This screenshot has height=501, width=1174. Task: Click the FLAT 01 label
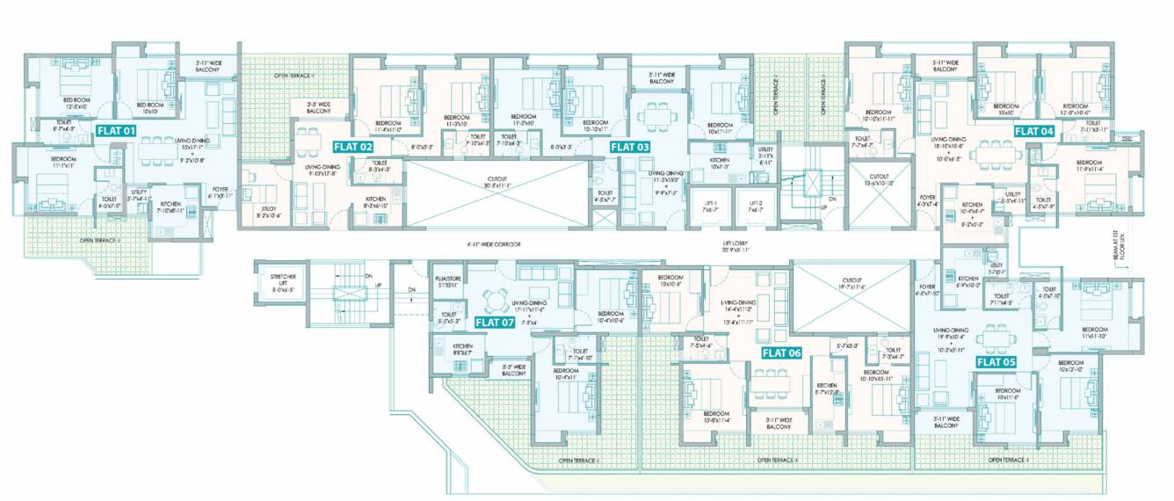[x=116, y=130]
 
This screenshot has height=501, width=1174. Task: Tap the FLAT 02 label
[x=352, y=147]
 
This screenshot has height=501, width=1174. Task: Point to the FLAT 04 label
[x=1033, y=130]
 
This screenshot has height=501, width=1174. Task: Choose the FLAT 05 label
[x=996, y=361]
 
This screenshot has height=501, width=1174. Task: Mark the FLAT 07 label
[x=494, y=322]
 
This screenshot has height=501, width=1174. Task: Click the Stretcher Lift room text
[x=286, y=283]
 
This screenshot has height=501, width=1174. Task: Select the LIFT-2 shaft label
[x=752, y=206]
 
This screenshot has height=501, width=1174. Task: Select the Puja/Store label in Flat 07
[x=447, y=282]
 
